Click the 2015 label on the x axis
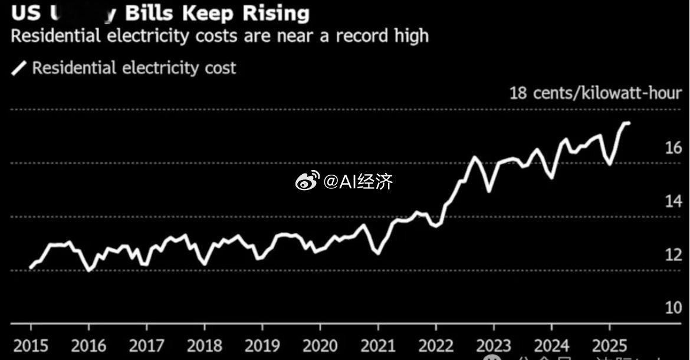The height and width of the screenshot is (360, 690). coord(31,345)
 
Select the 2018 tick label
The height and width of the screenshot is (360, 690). coord(204,345)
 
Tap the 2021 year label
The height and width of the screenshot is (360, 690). coord(378,345)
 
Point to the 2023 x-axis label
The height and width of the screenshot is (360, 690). coord(494,345)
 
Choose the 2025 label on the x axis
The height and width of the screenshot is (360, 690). coord(609,345)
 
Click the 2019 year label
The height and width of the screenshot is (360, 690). coord(262,345)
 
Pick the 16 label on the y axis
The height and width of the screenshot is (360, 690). coord(673,148)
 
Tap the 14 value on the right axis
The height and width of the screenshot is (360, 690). coord(673,201)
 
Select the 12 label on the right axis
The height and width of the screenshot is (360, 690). coord(673,255)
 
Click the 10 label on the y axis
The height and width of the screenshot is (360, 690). coord(673,308)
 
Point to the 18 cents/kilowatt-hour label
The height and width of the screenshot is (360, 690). coord(596,93)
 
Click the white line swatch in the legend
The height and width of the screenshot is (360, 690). coord(19,68)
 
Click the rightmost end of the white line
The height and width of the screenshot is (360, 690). coord(629,123)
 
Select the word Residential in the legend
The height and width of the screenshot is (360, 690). coord(74,68)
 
